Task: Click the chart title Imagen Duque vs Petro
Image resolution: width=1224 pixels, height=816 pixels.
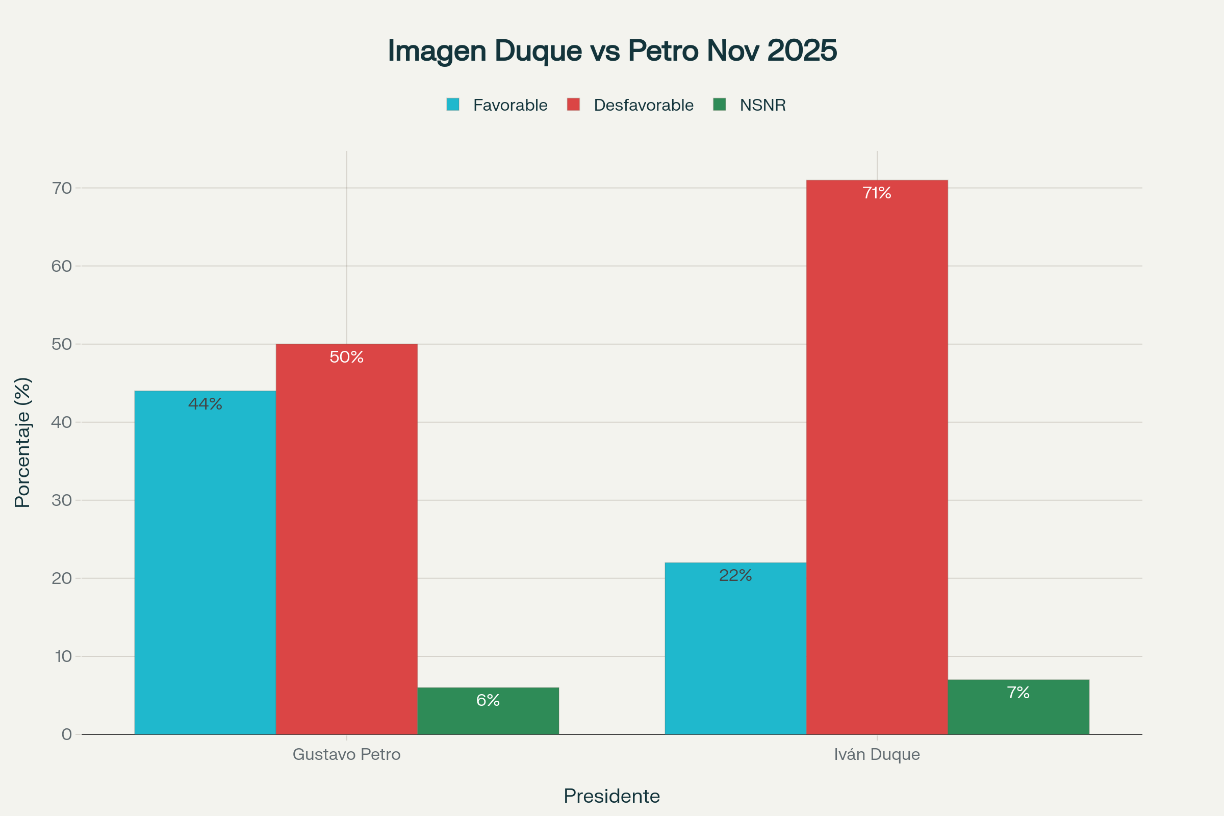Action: click(x=612, y=50)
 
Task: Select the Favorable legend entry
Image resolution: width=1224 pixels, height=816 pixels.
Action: click(x=497, y=105)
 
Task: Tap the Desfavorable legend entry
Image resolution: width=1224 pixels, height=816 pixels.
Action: click(x=630, y=105)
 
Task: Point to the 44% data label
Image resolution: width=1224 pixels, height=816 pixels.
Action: click(x=205, y=404)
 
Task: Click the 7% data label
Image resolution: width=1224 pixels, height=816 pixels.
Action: click(x=1018, y=693)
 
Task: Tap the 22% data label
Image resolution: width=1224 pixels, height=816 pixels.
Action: click(x=735, y=576)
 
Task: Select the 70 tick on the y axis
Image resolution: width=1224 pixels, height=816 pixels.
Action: click(x=61, y=188)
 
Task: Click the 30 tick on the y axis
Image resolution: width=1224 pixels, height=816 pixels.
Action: click(x=61, y=501)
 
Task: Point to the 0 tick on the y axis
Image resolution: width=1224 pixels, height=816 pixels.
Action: click(x=67, y=734)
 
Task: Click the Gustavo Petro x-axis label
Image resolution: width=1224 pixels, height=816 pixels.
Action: click(x=347, y=755)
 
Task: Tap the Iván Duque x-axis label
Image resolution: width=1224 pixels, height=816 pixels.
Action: click(x=877, y=755)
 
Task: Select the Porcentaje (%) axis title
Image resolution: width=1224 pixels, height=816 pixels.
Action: click(x=23, y=442)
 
